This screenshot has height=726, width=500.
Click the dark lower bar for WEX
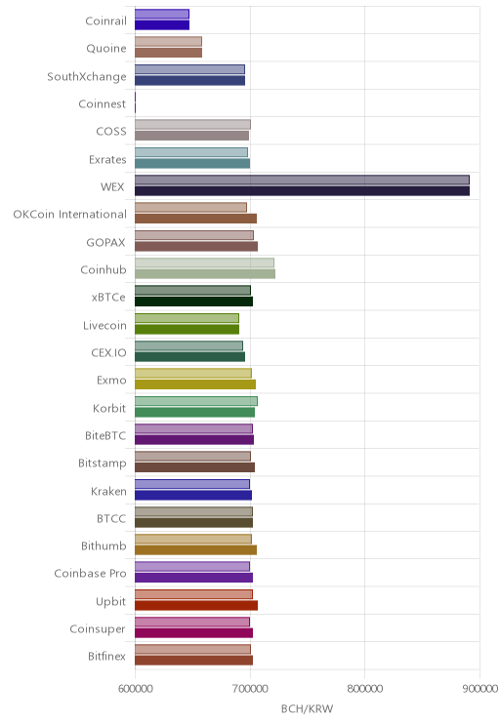click(x=302, y=191)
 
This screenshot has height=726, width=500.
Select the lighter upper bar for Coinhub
click(x=204, y=263)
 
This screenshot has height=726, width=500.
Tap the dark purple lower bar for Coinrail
click(x=162, y=25)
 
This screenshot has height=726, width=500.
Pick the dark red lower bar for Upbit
click(x=196, y=606)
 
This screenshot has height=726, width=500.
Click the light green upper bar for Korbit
click(x=196, y=401)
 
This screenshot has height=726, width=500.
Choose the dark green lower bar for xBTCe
click(x=193, y=302)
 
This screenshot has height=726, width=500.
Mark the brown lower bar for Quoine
click(x=168, y=53)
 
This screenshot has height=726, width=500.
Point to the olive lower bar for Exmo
click(x=195, y=384)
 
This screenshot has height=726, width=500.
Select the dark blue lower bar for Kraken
click(x=193, y=496)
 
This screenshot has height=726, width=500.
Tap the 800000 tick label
click(x=364, y=689)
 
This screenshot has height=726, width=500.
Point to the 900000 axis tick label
click(x=480, y=689)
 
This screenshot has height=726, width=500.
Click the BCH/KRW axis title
click(x=308, y=708)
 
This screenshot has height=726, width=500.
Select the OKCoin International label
click(x=69, y=215)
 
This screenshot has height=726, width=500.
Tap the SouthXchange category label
click(x=87, y=76)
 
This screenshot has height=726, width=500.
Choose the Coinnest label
click(x=102, y=103)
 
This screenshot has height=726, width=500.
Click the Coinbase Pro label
click(x=90, y=573)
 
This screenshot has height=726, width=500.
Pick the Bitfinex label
click(x=106, y=656)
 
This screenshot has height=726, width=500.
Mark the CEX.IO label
click(x=108, y=353)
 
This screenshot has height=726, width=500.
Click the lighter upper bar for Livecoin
click(x=187, y=318)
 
